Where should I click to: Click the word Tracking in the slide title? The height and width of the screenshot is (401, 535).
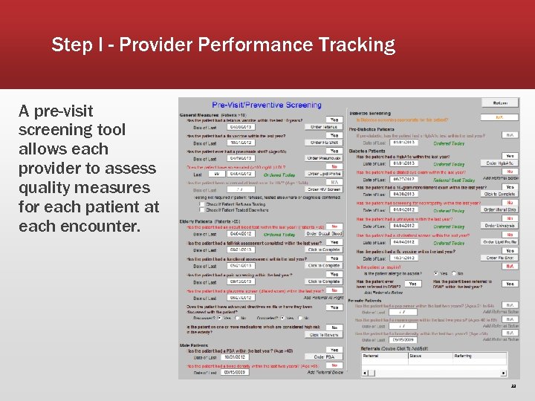click(356, 45)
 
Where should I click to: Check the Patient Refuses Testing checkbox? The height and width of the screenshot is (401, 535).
click(199, 203)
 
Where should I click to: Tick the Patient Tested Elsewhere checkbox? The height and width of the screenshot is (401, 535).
click(199, 210)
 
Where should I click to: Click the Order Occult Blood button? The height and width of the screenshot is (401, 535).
click(324, 235)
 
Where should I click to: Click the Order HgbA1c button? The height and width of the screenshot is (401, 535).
click(500, 163)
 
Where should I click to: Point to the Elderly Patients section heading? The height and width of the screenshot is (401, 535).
click(210, 221)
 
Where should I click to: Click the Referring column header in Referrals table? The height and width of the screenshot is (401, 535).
click(464, 356)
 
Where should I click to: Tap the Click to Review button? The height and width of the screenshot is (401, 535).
click(324, 335)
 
